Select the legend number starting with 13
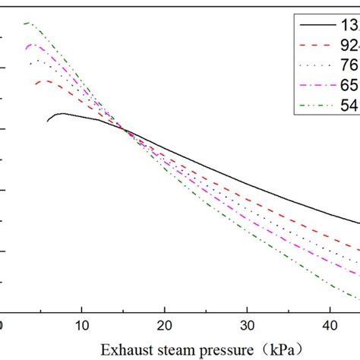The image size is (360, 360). [x=350, y=27]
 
